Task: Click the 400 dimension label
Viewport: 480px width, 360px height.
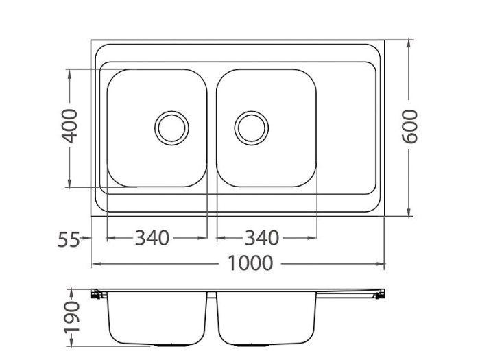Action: pos(70,125)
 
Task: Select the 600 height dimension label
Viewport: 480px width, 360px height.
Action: pos(409,126)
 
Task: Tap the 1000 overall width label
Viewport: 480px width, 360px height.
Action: pos(250,263)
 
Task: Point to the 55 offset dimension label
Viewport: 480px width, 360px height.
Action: pos(69,239)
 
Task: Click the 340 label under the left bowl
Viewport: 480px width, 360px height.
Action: pos(151,239)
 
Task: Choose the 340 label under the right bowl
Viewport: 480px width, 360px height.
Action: pos(262,239)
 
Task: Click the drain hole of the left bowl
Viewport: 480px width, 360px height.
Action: pos(171,128)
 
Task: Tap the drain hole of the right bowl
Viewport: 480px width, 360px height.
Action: pos(251,128)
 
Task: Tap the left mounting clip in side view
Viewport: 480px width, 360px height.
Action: pos(97,295)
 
